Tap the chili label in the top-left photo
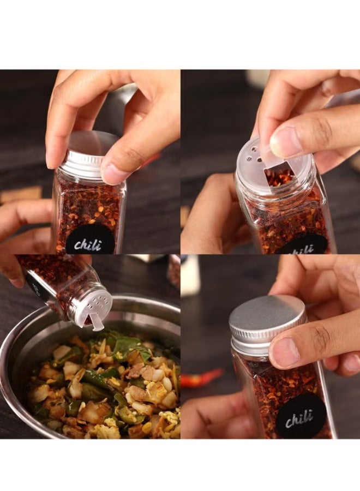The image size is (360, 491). pyautogui.click(x=90, y=240)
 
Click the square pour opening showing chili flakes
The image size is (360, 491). pyautogui.click(x=279, y=176)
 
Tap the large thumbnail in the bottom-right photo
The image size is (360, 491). pyautogui.click(x=285, y=352)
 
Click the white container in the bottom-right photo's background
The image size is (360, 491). pyautogui.click(x=190, y=276)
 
